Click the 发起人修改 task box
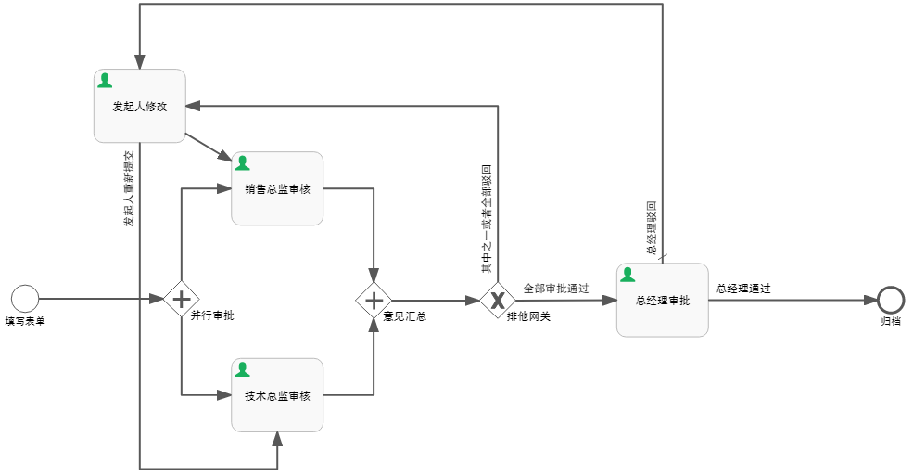[x=140, y=106]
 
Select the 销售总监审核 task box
[x=277, y=188]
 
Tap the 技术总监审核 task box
[x=277, y=395]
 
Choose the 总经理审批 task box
[x=663, y=301]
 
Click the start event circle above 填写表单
[x=25, y=299]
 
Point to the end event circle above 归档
[x=891, y=299]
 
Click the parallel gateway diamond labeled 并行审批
[x=181, y=299]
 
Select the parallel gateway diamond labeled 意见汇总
[x=374, y=300]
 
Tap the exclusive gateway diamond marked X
[x=498, y=300]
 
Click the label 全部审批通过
[x=556, y=289]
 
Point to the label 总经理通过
[x=743, y=289]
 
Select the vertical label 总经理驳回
[x=652, y=227]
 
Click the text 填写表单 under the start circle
[x=25, y=321]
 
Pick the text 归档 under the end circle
[x=891, y=321]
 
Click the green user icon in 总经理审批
[x=628, y=275]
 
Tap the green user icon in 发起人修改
[x=106, y=81]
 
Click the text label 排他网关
[x=528, y=316]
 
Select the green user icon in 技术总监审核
[x=243, y=369]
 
